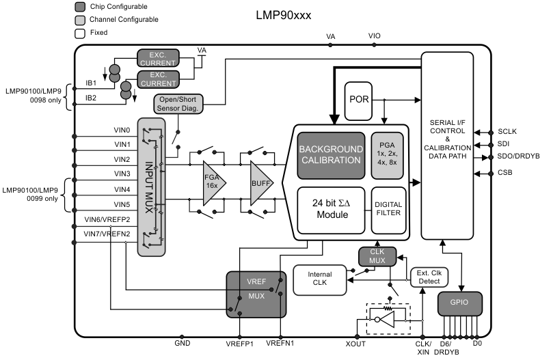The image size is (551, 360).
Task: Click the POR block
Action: (x=360, y=99)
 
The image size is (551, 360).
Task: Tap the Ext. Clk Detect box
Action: (x=429, y=277)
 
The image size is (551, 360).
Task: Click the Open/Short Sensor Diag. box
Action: (x=180, y=104)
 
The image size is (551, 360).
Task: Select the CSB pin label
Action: (x=507, y=174)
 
